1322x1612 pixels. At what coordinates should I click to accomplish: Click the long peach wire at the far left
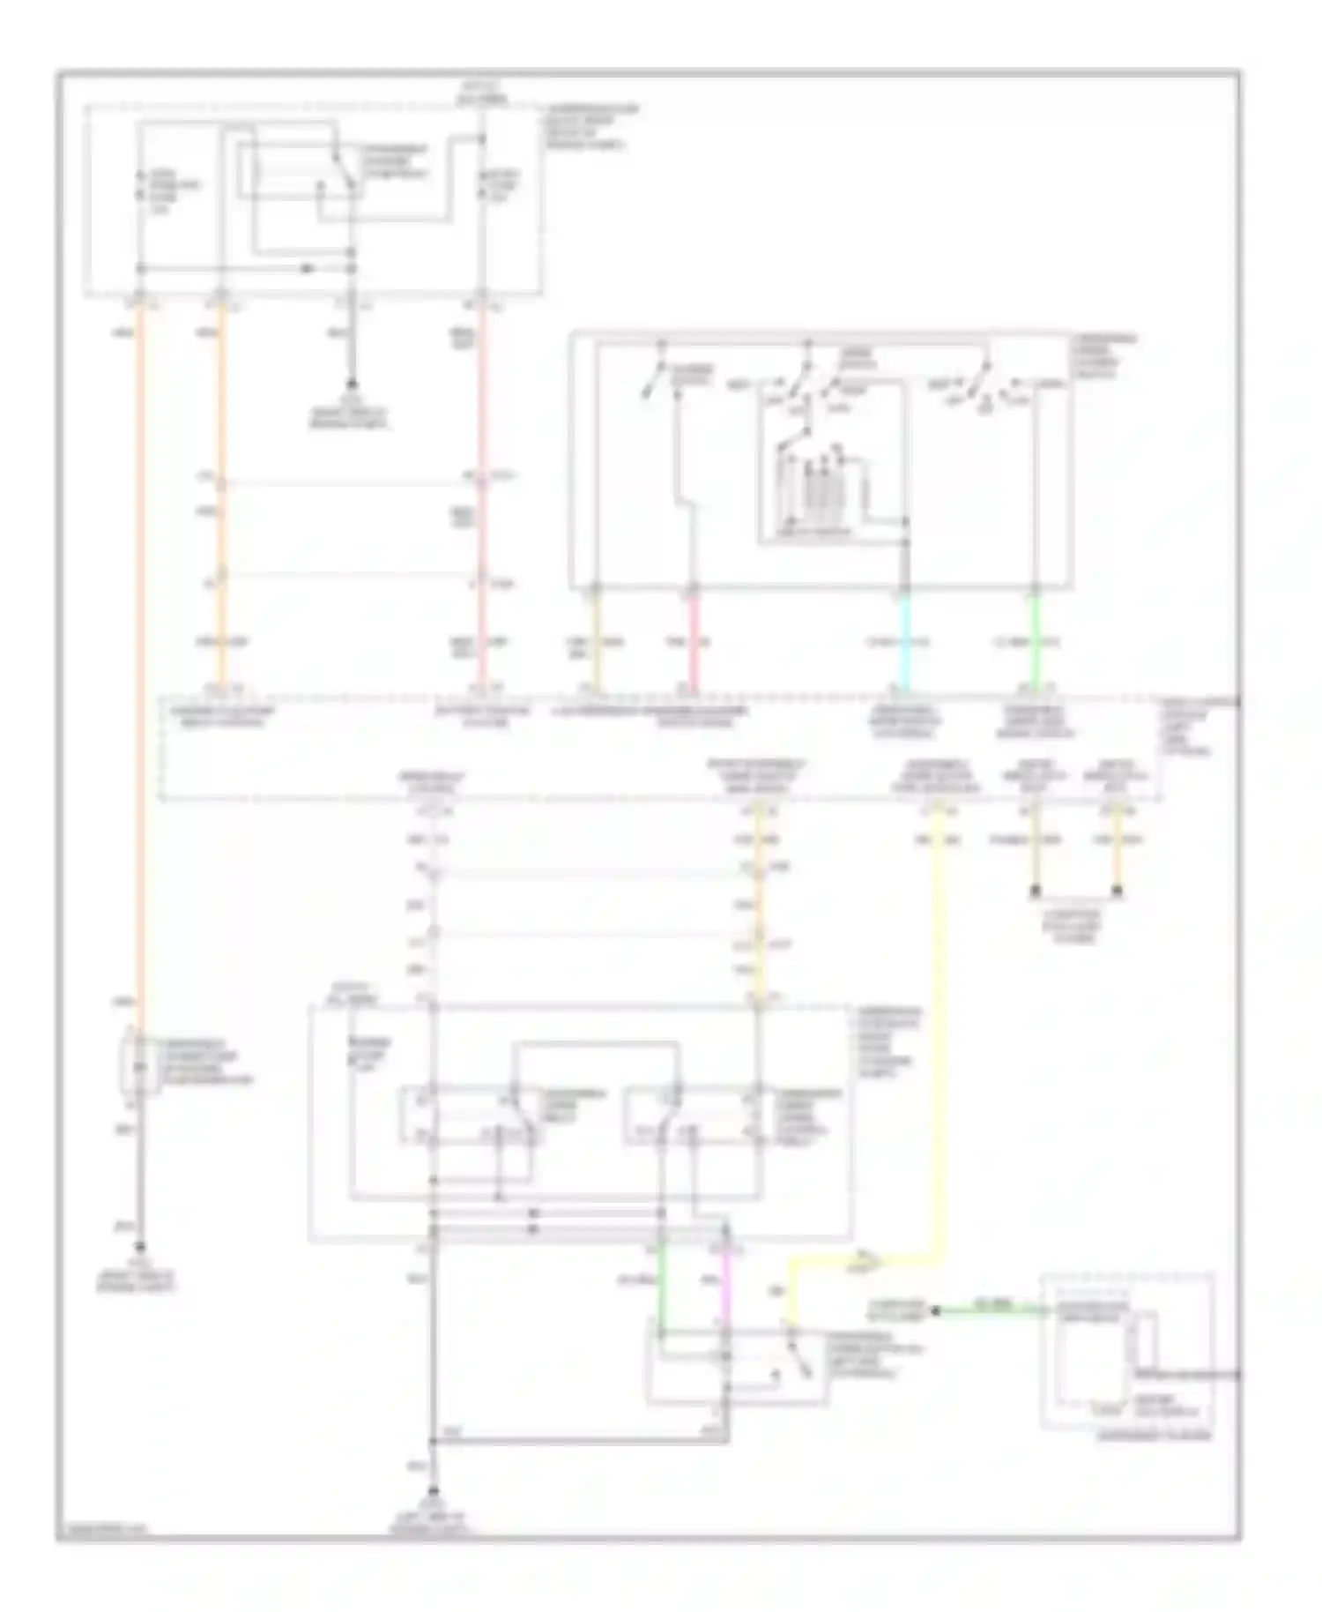(138, 661)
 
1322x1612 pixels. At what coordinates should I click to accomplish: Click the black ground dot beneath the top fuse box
(351, 385)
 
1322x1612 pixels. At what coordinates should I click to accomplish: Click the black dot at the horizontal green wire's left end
(936, 1311)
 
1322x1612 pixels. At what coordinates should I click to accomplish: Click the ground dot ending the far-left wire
(138, 1248)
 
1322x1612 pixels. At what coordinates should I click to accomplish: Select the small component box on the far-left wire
(138, 1063)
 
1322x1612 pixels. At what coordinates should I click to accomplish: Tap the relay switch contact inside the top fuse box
(344, 172)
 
